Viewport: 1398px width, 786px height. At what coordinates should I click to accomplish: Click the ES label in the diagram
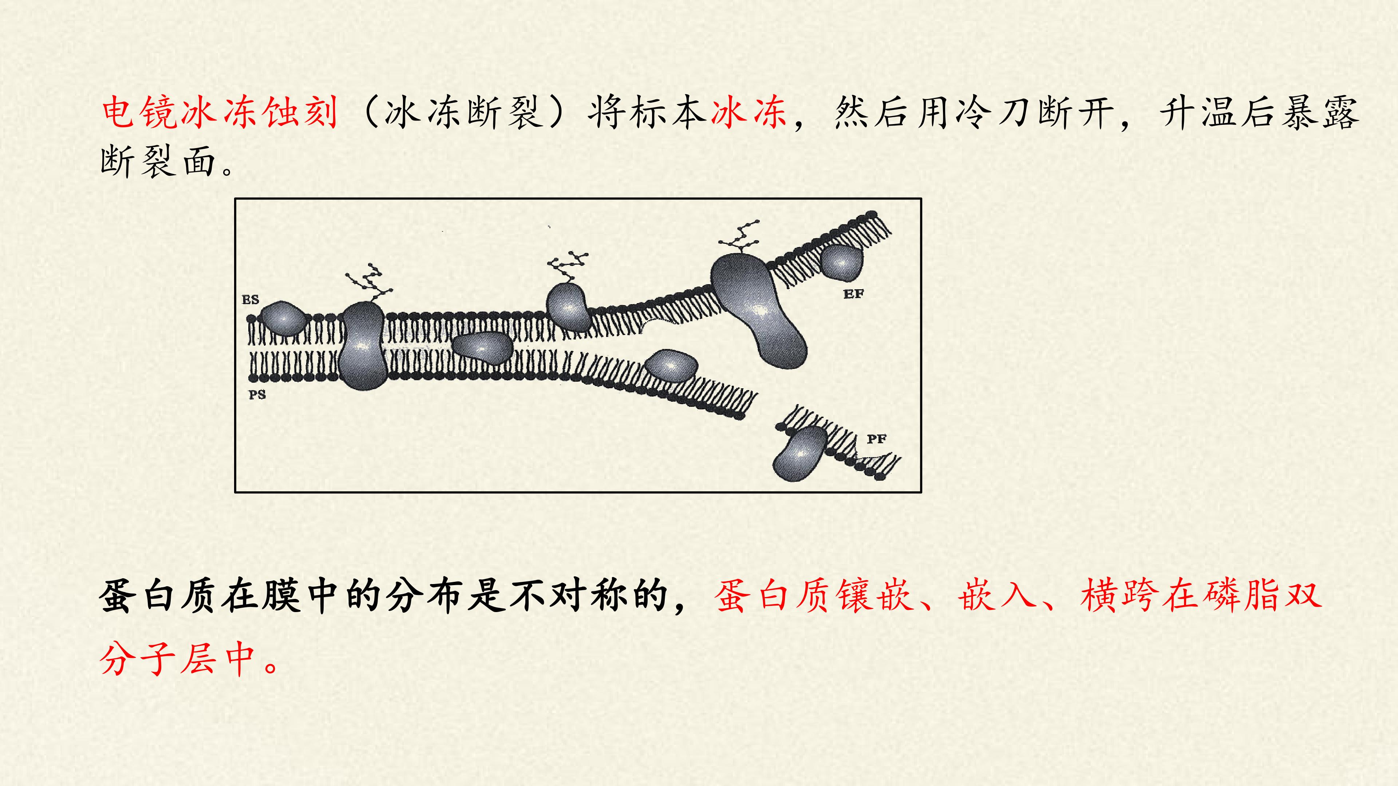click(x=250, y=299)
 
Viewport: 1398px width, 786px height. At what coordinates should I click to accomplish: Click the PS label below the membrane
click(x=257, y=395)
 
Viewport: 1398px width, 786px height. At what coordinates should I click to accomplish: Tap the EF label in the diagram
click(x=853, y=294)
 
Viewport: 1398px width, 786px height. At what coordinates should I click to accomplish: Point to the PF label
click(x=876, y=439)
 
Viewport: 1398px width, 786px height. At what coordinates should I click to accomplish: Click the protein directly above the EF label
click(x=841, y=262)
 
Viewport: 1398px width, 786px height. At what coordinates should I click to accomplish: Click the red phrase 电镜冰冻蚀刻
click(x=220, y=113)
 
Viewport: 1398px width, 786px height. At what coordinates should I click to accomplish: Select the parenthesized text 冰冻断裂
click(x=465, y=113)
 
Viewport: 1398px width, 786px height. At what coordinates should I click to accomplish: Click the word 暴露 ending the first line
click(x=1319, y=113)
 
